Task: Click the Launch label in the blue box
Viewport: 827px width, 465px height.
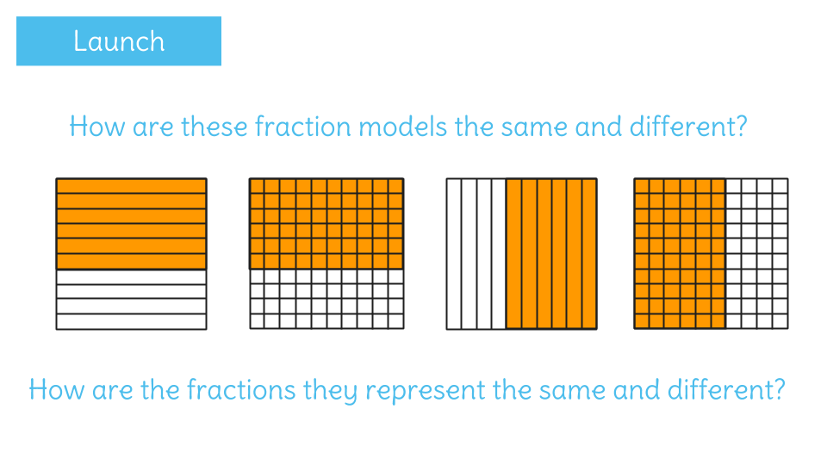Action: pos(119,41)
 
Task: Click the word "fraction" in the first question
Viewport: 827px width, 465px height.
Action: pos(302,127)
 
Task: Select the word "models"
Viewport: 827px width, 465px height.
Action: pos(403,127)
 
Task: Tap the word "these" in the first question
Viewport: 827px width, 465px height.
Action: pos(215,127)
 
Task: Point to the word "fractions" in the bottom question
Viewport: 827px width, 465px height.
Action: pos(241,389)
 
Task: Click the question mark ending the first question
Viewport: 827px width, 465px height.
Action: pos(741,127)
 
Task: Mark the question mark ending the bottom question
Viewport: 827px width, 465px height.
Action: pos(779,389)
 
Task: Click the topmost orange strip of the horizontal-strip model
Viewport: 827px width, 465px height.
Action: pos(131,186)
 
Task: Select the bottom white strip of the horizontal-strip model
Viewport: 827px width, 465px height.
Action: pos(131,321)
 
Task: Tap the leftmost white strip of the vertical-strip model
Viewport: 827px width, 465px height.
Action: pos(454,254)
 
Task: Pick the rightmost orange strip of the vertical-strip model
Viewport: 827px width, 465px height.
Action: pos(589,254)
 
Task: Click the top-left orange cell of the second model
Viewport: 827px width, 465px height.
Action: pos(258,186)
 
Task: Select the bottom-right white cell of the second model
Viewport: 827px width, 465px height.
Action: pos(396,321)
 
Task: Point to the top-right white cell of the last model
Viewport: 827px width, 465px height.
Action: pos(780,186)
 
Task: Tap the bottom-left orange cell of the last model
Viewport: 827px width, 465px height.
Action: pos(642,321)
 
